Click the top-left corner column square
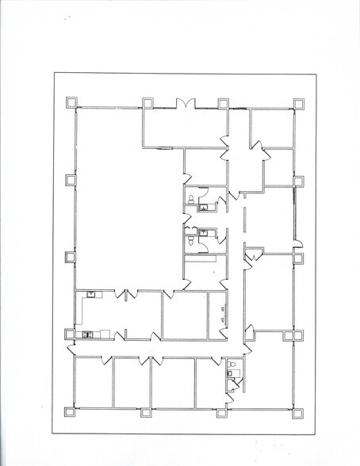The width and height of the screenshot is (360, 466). [x=71, y=102]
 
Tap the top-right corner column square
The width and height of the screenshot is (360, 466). [x=299, y=103]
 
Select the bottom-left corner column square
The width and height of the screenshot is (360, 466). [x=71, y=411]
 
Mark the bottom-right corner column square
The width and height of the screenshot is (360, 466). [x=299, y=411]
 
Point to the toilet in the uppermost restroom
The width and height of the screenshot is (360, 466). [x=191, y=198]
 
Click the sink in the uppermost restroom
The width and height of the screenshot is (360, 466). [x=204, y=208]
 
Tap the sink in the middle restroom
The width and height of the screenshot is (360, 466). [x=204, y=232]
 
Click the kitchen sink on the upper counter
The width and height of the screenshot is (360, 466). [x=92, y=295]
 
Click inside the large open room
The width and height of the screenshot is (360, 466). [x=127, y=214]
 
